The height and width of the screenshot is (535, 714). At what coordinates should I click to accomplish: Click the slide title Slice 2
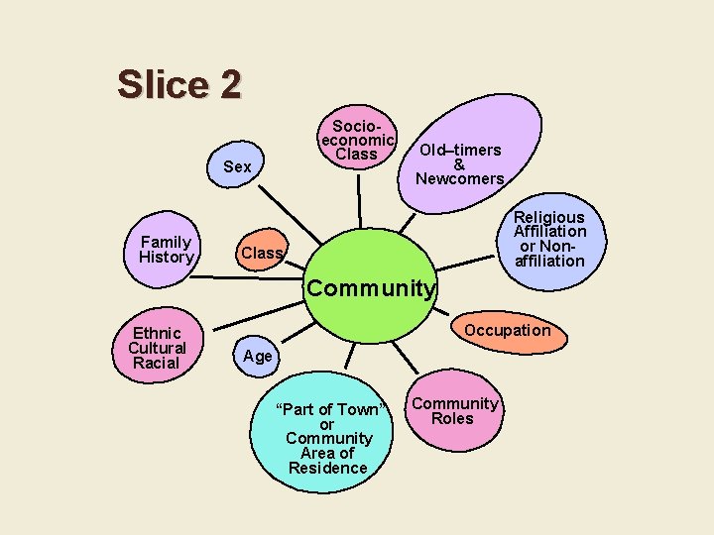pyautogui.click(x=178, y=84)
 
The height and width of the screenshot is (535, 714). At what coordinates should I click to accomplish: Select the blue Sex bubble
pyautogui.click(x=238, y=166)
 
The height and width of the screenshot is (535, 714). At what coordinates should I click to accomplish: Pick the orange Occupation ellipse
pyautogui.click(x=508, y=331)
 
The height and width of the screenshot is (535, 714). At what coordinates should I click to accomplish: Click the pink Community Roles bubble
pyautogui.click(x=455, y=410)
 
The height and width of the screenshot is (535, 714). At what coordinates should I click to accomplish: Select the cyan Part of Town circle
pyautogui.click(x=327, y=437)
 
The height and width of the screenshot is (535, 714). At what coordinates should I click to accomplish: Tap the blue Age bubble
pyautogui.click(x=257, y=356)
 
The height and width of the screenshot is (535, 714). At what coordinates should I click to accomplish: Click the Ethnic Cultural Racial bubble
pyautogui.click(x=157, y=348)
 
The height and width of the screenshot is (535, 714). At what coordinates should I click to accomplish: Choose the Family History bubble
pyautogui.click(x=166, y=250)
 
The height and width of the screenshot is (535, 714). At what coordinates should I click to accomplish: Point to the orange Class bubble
pyautogui.click(x=262, y=253)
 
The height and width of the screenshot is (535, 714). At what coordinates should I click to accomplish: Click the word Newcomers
pyautogui.click(x=460, y=179)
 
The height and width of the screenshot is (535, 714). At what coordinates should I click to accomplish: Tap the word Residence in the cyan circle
pyautogui.click(x=327, y=468)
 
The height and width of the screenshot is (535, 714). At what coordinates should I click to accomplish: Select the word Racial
pyautogui.click(x=157, y=363)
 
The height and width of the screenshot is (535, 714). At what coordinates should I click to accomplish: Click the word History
pyautogui.click(x=166, y=258)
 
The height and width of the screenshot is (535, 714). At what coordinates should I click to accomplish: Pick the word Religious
pyautogui.click(x=548, y=217)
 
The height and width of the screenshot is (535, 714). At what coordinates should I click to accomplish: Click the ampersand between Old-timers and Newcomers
pyautogui.click(x=459, y=164)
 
